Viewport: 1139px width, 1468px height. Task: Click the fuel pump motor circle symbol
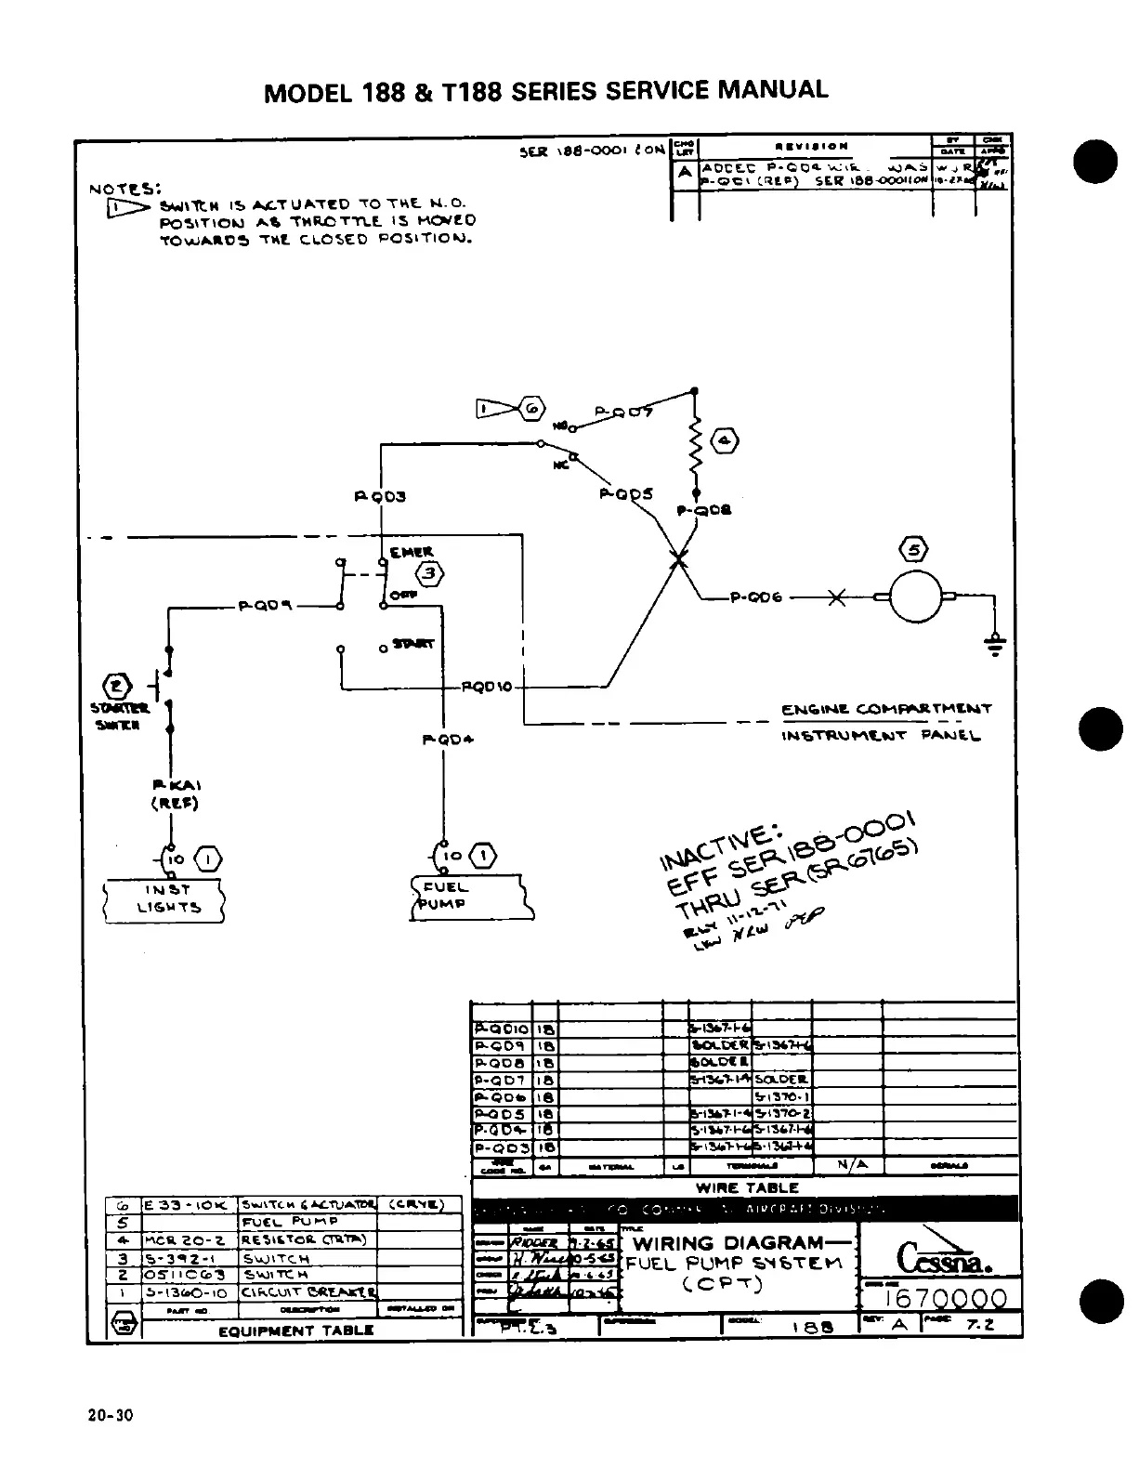click(x=915, y=596)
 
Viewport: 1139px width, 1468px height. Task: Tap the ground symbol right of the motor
click(x=996, y=644)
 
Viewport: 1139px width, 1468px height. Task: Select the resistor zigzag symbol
click(x=695, y=445)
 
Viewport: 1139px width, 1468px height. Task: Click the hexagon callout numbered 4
click(x=726, y=441)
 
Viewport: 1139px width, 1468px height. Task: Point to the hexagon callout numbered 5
click(x=914, y=549)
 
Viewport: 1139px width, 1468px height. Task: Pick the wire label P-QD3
click(x=380, y=496)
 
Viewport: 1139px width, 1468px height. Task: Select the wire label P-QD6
click(x=757, y=597)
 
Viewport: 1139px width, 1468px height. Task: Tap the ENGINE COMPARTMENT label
click(x=887, y=709)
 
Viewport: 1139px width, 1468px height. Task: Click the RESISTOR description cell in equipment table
click(x=308, y=1239)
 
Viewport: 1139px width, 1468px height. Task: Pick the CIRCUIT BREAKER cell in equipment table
click(x=308, y=1291)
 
